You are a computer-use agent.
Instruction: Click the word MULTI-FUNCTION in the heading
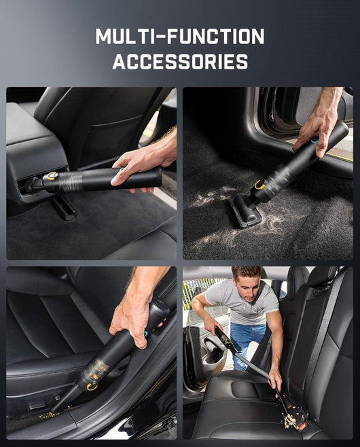[x=180, y=37]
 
